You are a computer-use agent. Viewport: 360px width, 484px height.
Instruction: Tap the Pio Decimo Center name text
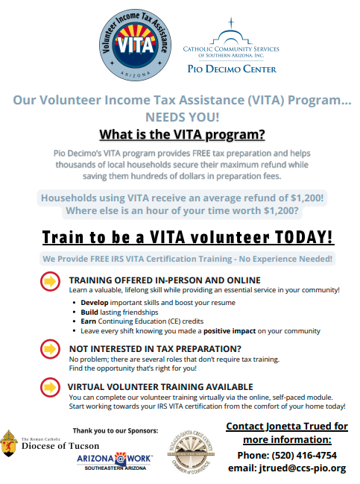click(x=231, y=69)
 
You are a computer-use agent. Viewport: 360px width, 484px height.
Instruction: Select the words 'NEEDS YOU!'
click(x=183, y=117)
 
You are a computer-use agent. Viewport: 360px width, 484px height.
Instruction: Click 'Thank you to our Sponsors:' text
click(x=115, y=430)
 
